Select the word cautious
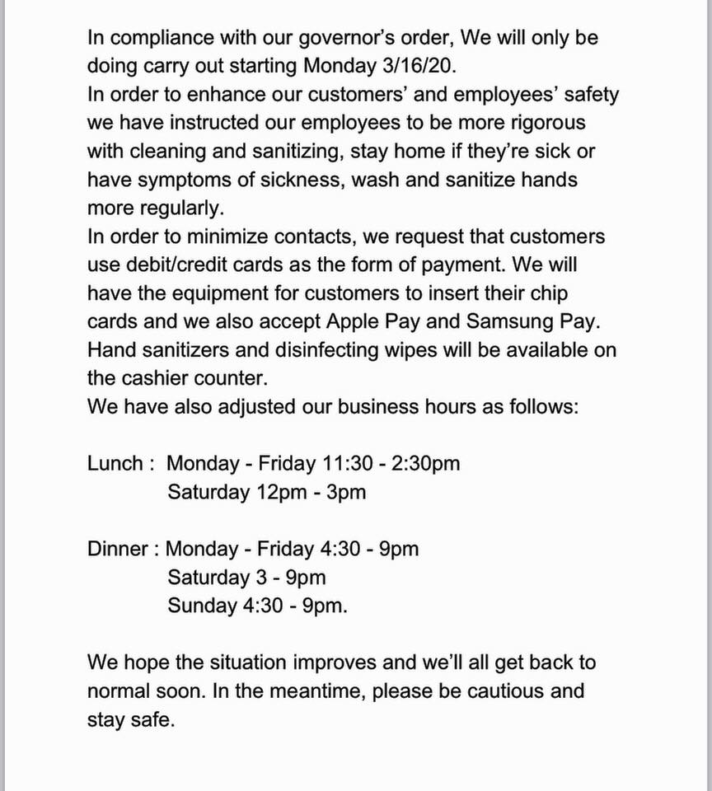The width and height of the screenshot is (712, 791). click(x=508, y=690)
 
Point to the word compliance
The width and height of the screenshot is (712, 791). click(x=166, y=38)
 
